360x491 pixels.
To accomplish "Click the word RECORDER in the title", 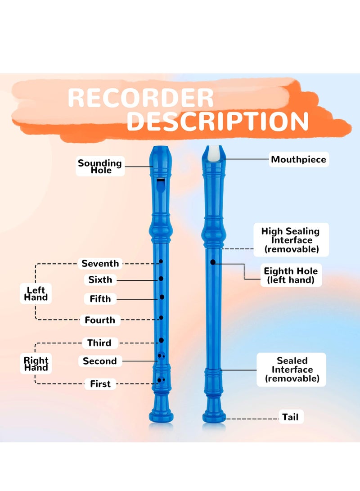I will click(140, 99).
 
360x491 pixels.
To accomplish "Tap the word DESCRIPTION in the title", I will click(217, 121).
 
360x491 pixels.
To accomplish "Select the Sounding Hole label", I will click(100, 167).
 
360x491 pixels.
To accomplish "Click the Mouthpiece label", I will click(298, 159).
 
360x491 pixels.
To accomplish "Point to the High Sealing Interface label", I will click(291, 240).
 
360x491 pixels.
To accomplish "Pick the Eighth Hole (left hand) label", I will click(291, 275).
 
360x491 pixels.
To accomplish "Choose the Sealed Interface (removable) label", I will click(292, 369).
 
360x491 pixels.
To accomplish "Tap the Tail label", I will click(290, 417).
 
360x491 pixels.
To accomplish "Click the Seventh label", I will click(100, 264).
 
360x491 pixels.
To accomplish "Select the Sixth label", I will click(100, 280).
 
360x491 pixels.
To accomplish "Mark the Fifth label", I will click(100, 299).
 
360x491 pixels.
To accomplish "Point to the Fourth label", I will click(100, 320).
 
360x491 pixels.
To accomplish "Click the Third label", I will click(99, 343).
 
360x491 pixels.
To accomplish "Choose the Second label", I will click(99, 361).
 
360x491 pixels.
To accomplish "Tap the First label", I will click(100, 384).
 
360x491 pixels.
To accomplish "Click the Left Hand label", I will click(36, 293).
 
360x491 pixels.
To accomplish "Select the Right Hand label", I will click(36, 364).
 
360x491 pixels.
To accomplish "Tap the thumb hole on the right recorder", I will click(213, 262).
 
